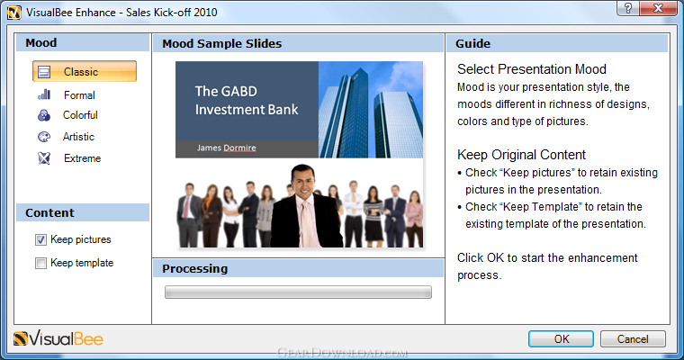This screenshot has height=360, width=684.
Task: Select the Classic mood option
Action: tap(85, 72)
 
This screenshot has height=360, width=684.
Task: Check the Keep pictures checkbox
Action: tap(40, 239)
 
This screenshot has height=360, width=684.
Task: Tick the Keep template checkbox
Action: tap(40, 263)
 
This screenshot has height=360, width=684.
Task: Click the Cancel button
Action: tap(633, 339)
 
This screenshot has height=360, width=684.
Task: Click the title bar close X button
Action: tap(658, 8)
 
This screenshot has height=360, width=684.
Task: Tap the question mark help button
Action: tap(628, 8)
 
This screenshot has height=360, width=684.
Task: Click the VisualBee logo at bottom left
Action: tap(58, 339)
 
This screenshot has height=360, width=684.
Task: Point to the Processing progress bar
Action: tap(298, 292)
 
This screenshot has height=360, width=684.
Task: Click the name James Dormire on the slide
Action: tap(227, 148)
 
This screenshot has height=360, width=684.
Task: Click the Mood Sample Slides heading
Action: tap(222, 43)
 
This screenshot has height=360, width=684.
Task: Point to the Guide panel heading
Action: tap(472, 43)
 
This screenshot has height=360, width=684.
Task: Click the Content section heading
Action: tap(49, 213)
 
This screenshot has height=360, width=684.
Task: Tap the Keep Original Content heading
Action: tap(521, 155)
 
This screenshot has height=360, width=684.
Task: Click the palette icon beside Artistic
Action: tap(44, 137)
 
